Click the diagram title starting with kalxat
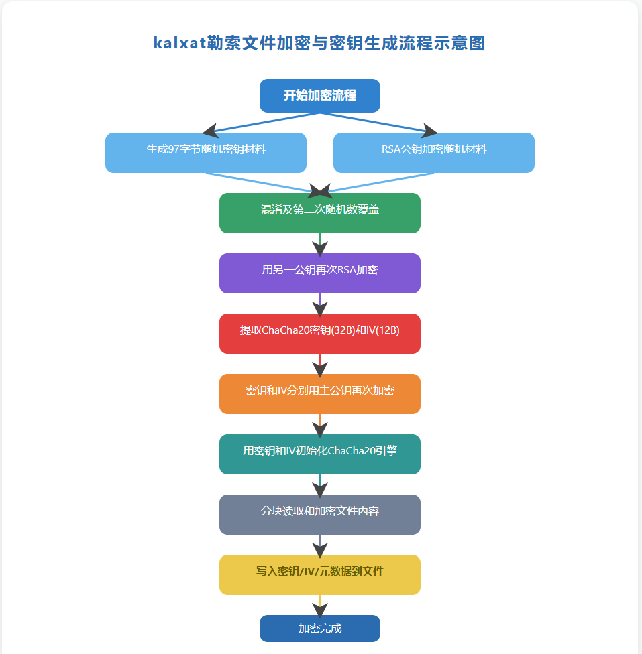point(319,44)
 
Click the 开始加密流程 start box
point(319,96)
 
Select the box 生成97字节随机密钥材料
point(206,153)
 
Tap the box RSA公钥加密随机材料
point(433,153)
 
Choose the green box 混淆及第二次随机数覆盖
point(319,213)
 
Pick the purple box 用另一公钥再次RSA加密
point(319,273)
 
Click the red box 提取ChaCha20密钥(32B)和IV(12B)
point(319,334)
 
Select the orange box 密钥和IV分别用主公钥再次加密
point(319,394)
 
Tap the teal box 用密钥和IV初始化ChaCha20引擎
point(319,454)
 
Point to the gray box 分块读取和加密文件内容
point(319,515)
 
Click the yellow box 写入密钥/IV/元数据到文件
point(319,575)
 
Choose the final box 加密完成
point(319,629)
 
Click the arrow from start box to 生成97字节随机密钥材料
point(262,123)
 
